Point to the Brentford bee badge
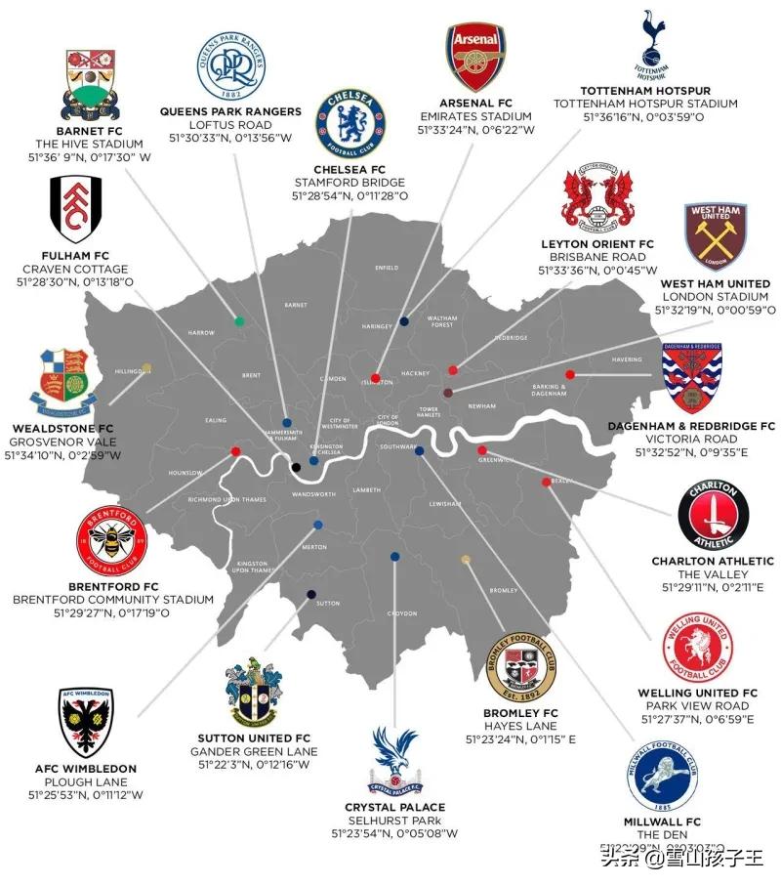tap(110, 540)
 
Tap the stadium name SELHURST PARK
tap(394, 821)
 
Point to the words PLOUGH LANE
tap(88, 781)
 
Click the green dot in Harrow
tap(239, 320)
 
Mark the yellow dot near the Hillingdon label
tap(146, 368)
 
